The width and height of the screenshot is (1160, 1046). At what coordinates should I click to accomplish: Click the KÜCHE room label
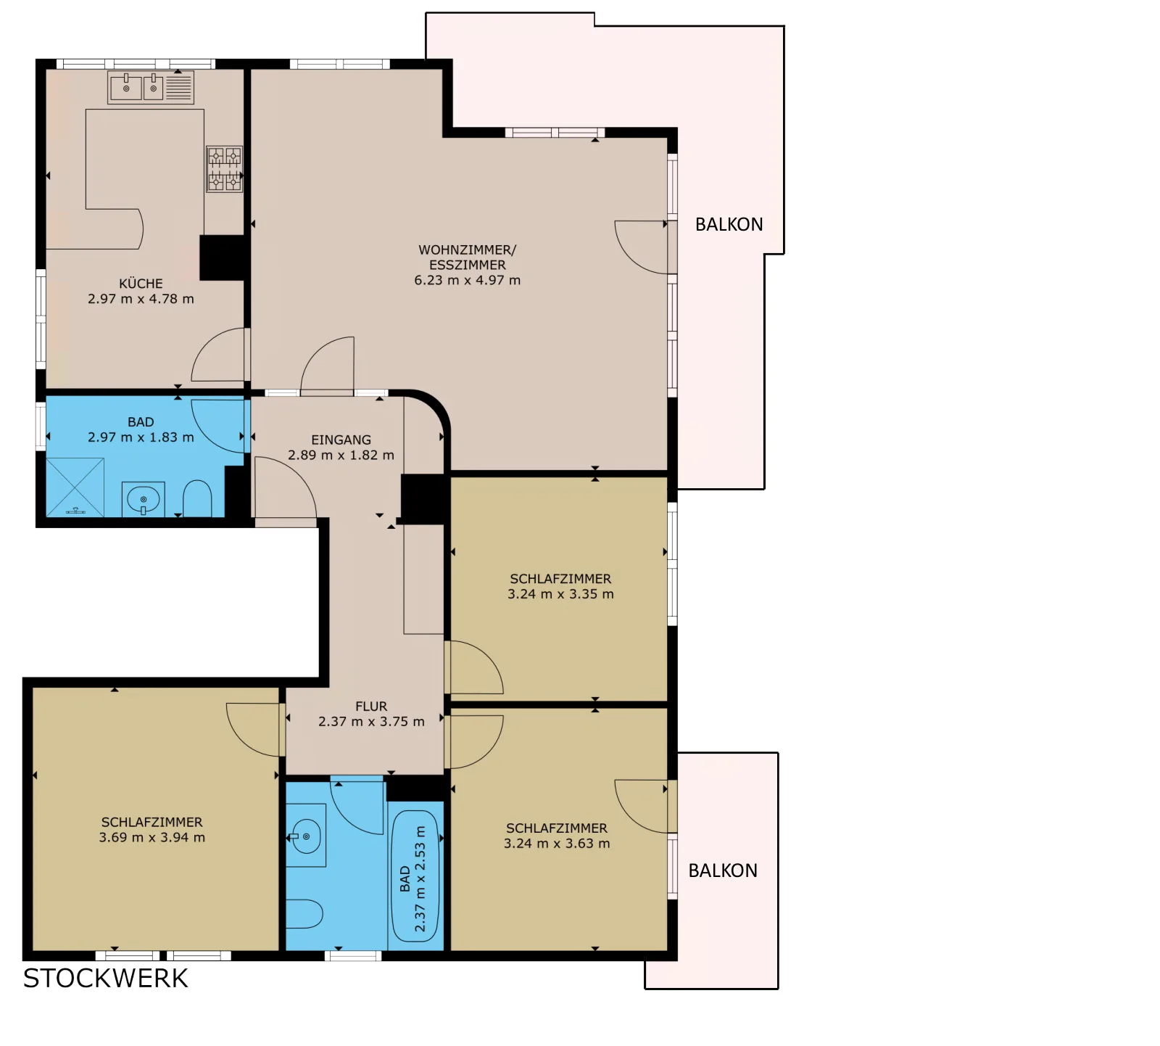point(141,284)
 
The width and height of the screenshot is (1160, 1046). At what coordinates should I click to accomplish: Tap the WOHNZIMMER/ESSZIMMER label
point(468,258)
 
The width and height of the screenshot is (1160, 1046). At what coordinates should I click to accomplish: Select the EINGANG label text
point(341,440)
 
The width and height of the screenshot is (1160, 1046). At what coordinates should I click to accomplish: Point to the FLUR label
point(371,706)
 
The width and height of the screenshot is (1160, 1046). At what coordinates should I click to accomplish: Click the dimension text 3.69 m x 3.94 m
point(152,837)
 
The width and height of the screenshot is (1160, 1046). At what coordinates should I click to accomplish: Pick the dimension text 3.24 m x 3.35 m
point(560,593)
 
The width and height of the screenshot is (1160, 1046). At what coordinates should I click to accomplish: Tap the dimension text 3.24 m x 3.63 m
point(557,843)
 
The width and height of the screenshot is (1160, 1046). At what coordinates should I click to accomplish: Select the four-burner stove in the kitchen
point(225,169)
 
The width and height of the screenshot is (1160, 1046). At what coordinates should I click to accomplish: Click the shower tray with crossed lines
point(75,487)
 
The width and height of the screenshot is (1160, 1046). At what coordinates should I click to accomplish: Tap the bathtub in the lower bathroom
point(415,876)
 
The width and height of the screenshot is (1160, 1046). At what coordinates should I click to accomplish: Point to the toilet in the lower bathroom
point(304,914)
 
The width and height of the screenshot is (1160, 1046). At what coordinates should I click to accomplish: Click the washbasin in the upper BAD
point(144,499)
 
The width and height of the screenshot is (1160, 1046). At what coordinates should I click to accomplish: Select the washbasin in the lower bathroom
point(307,836)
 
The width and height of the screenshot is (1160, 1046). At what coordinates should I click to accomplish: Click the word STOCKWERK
point(106,979)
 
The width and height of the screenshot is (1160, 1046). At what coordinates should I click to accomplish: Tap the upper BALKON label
point(729,225)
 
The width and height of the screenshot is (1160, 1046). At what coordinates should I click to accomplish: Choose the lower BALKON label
point(723,870)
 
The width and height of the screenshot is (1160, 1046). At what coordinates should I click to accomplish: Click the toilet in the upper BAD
point(197,498)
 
